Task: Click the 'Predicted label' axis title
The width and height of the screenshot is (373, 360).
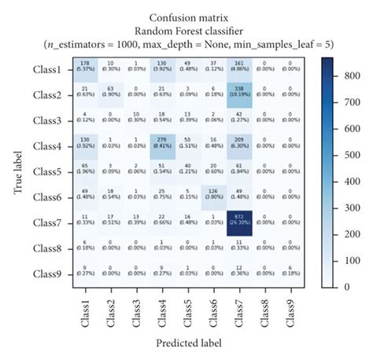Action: pos(188,343)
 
